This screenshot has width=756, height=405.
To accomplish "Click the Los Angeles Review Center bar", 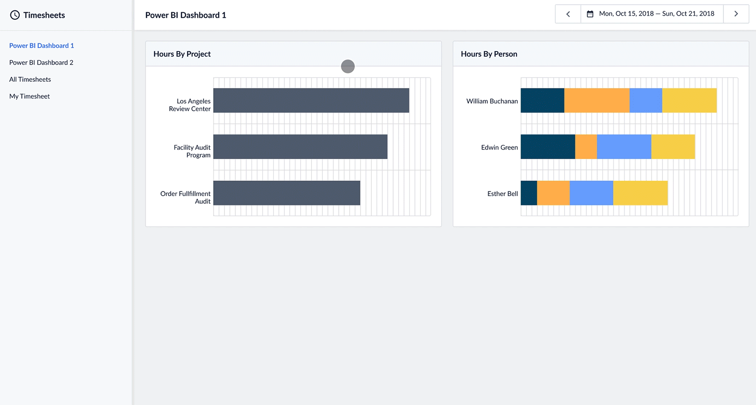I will pos(311,100).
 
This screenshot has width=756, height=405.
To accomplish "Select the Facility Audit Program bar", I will pos(300,146).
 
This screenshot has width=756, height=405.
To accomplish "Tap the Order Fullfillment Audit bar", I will pos(286,193).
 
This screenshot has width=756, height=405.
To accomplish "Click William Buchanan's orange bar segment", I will pos(596,100).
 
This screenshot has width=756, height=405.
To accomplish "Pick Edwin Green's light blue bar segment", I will pos(624,146).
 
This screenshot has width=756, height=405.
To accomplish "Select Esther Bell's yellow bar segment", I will pos(640,193).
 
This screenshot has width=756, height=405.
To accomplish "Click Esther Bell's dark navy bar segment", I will pos(529,193).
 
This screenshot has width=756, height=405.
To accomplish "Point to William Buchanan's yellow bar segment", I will pos(689,100).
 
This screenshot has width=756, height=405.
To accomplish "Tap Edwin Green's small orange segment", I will pos(586,146).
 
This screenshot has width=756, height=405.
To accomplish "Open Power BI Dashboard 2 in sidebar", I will pos(41,62).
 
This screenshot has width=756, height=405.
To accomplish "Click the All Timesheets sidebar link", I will pos(30,79).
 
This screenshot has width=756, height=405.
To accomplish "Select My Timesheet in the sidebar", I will pos(29,96).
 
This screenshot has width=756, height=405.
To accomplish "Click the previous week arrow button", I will pos(568,14).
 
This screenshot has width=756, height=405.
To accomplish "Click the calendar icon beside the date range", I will pos(590,14).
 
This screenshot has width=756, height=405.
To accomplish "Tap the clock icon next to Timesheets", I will pos(15,15).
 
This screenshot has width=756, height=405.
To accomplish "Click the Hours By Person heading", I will pos(489,54).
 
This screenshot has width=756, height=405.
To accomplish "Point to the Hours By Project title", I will pos(182,54).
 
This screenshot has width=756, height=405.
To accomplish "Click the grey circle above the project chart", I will pos(348,67).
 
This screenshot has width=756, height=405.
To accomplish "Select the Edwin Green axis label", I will pos(499,147).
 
